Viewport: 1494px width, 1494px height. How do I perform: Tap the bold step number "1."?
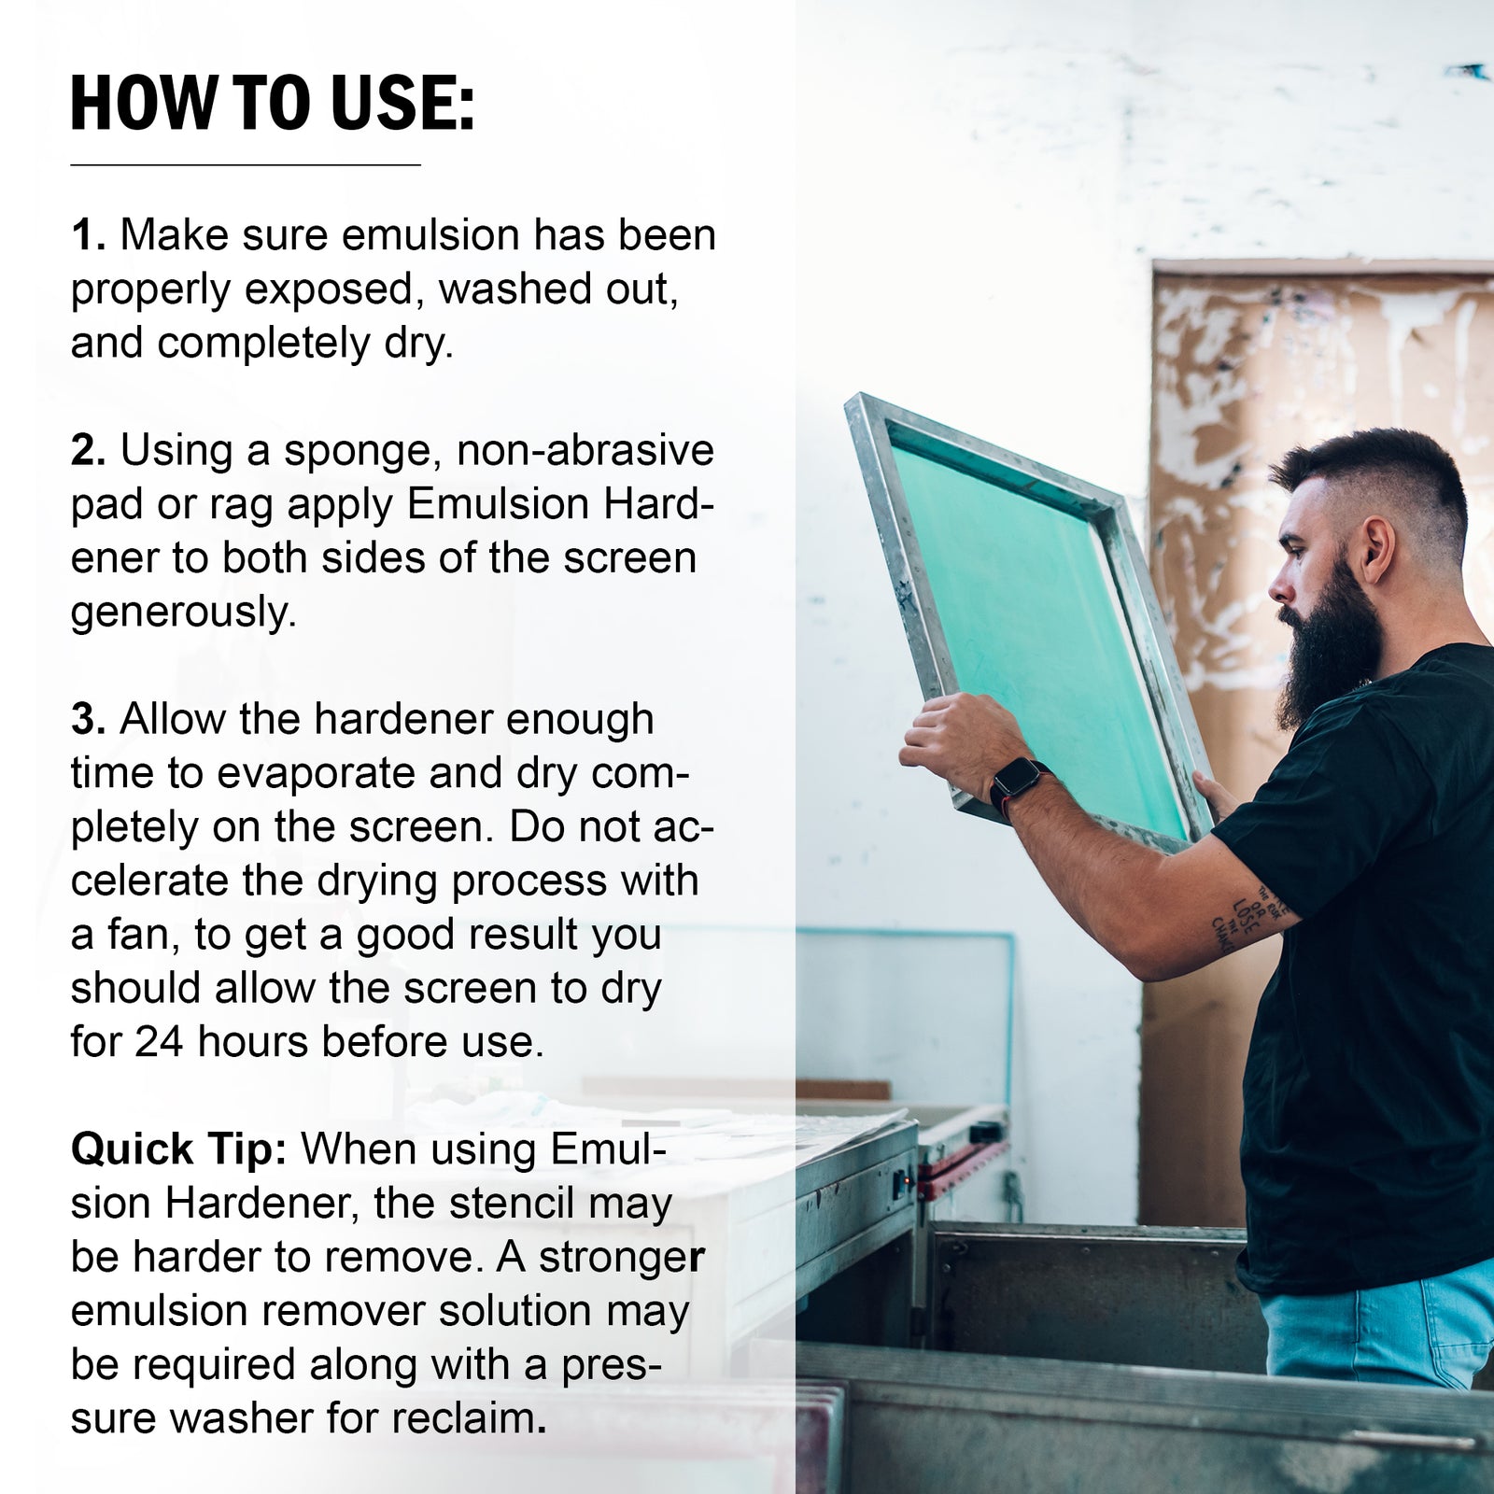click(89, 235)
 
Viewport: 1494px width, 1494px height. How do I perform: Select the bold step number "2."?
click(89, 451)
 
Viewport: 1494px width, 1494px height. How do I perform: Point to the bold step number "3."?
click(89, 720)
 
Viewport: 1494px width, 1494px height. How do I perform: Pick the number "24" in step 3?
click(158, 1042)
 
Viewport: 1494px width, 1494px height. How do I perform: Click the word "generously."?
click(183, 613)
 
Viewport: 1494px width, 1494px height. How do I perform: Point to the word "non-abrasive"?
click(585, 451)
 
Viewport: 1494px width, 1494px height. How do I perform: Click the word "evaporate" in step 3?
click(312, 774)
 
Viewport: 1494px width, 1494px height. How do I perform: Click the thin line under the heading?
click(246, 165)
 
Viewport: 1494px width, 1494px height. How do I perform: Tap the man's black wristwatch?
click(1014, 782)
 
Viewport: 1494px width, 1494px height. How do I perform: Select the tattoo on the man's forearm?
click(1251, 915)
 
